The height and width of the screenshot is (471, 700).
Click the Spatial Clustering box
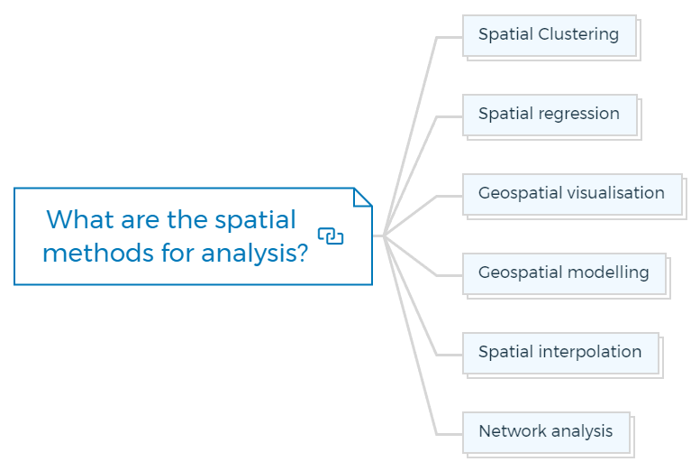click(x=550, y=36)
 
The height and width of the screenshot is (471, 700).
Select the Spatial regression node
click(x=550, y=115)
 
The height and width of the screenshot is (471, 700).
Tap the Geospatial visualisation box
click(x=572, y=195)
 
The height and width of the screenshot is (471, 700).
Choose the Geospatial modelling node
click(x=564, y=273)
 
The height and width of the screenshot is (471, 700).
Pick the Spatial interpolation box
click(x=560, y=354)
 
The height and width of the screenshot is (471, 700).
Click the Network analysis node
click(x=547, y=432)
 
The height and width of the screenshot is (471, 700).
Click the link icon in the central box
click(x=331, y=236)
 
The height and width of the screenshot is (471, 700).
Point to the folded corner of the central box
click(x=362, y=198)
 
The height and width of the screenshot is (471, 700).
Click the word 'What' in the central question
click(x=80, y=219)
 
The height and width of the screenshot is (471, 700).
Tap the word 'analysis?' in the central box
click(x=254, y=254)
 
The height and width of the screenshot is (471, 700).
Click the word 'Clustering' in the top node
click(x=578, y=34)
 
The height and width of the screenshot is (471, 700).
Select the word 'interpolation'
click(x=590, y=352)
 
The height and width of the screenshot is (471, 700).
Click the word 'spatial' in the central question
click(x=255, y=221)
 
